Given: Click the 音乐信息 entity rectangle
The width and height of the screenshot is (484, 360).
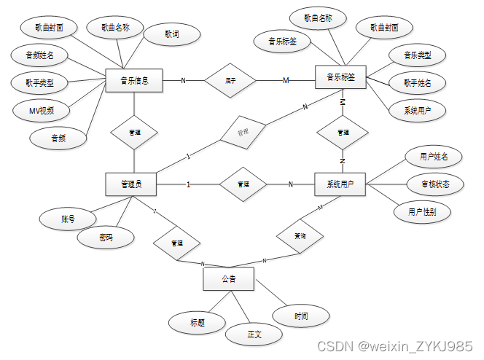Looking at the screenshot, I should click(134, 81).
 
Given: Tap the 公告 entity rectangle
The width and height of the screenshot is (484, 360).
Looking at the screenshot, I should click(228, 279).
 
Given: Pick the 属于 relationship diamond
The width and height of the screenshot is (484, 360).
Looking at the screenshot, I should click(230, 80).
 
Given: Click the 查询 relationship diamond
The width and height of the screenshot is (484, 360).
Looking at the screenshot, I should click(300, 236).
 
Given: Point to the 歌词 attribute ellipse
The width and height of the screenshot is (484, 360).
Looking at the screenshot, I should click(172, 34).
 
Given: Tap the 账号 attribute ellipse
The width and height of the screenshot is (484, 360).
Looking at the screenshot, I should click(68, 218).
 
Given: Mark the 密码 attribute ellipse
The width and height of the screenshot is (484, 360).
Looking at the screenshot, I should click(106, 237).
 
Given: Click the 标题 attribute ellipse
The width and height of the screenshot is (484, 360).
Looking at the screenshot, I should click(197, 321).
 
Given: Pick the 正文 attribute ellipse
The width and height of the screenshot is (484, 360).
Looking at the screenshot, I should click(254, 334).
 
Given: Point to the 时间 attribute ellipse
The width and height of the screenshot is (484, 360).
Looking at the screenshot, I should click(301, 316).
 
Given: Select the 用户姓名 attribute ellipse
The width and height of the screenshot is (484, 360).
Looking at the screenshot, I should click(434, 156).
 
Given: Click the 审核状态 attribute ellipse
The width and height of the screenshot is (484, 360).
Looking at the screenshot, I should click(435, 184).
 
